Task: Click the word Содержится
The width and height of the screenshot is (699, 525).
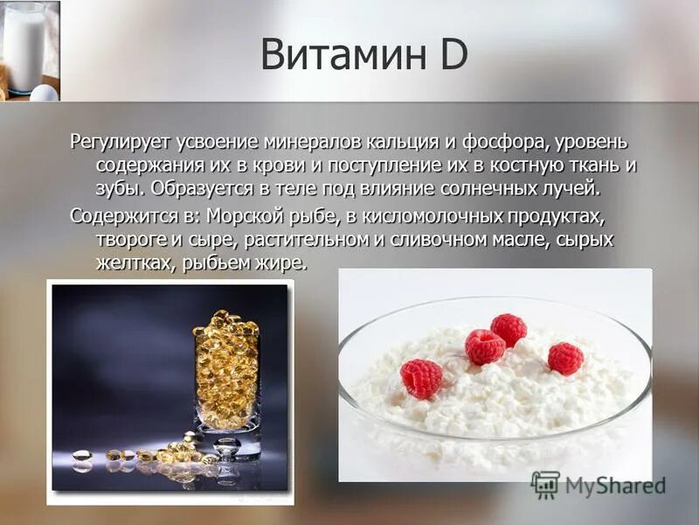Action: pyautogui.click(x=121, y=216)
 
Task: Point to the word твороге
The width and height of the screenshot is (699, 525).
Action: pyautogui.click(x=128, y=239)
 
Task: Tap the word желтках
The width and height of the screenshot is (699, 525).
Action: pyautogui.click(x=127, y=262)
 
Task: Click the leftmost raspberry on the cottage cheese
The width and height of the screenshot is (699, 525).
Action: pyautogui.click(x=421, y=378)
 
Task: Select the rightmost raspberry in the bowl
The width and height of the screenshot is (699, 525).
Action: pyautogui.click(x=565, y=358)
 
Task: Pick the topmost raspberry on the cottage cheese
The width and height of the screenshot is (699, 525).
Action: pyautogui.click(x=509, y=329)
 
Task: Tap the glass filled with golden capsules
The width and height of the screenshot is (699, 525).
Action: pyautogui.click(x=226, y=376)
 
